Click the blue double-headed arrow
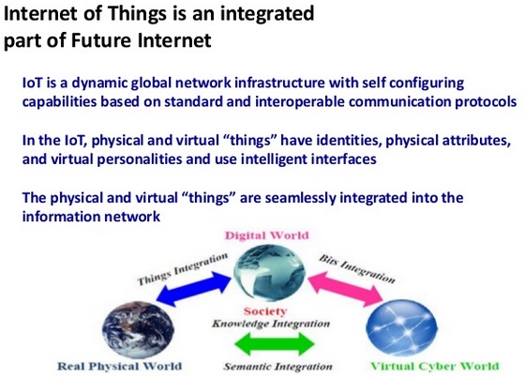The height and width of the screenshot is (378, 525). click(193, 289)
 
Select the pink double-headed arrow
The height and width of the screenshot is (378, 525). click(345, 289)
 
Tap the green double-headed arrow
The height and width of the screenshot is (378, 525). click(275, 343)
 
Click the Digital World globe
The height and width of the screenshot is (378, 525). click(269, 272)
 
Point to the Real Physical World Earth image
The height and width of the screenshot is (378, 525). click(138, 329)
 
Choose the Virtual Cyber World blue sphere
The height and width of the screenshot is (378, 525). click(402, 327)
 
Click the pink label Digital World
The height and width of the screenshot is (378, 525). click(267, 235)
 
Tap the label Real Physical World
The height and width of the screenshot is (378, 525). click(120, 366)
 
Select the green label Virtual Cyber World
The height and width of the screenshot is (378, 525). click(435, 366)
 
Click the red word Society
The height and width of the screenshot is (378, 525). click(265, 311)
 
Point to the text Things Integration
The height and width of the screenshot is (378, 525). click(183, 269)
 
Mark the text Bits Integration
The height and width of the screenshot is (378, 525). click(357, 268)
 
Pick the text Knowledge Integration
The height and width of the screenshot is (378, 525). click(271, 324)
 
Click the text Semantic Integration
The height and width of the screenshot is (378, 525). click(277, 367)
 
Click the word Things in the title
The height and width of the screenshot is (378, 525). click(137, 14)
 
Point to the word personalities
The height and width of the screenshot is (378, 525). click(140, 159)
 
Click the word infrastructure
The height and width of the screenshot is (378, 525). click(279, 83)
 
